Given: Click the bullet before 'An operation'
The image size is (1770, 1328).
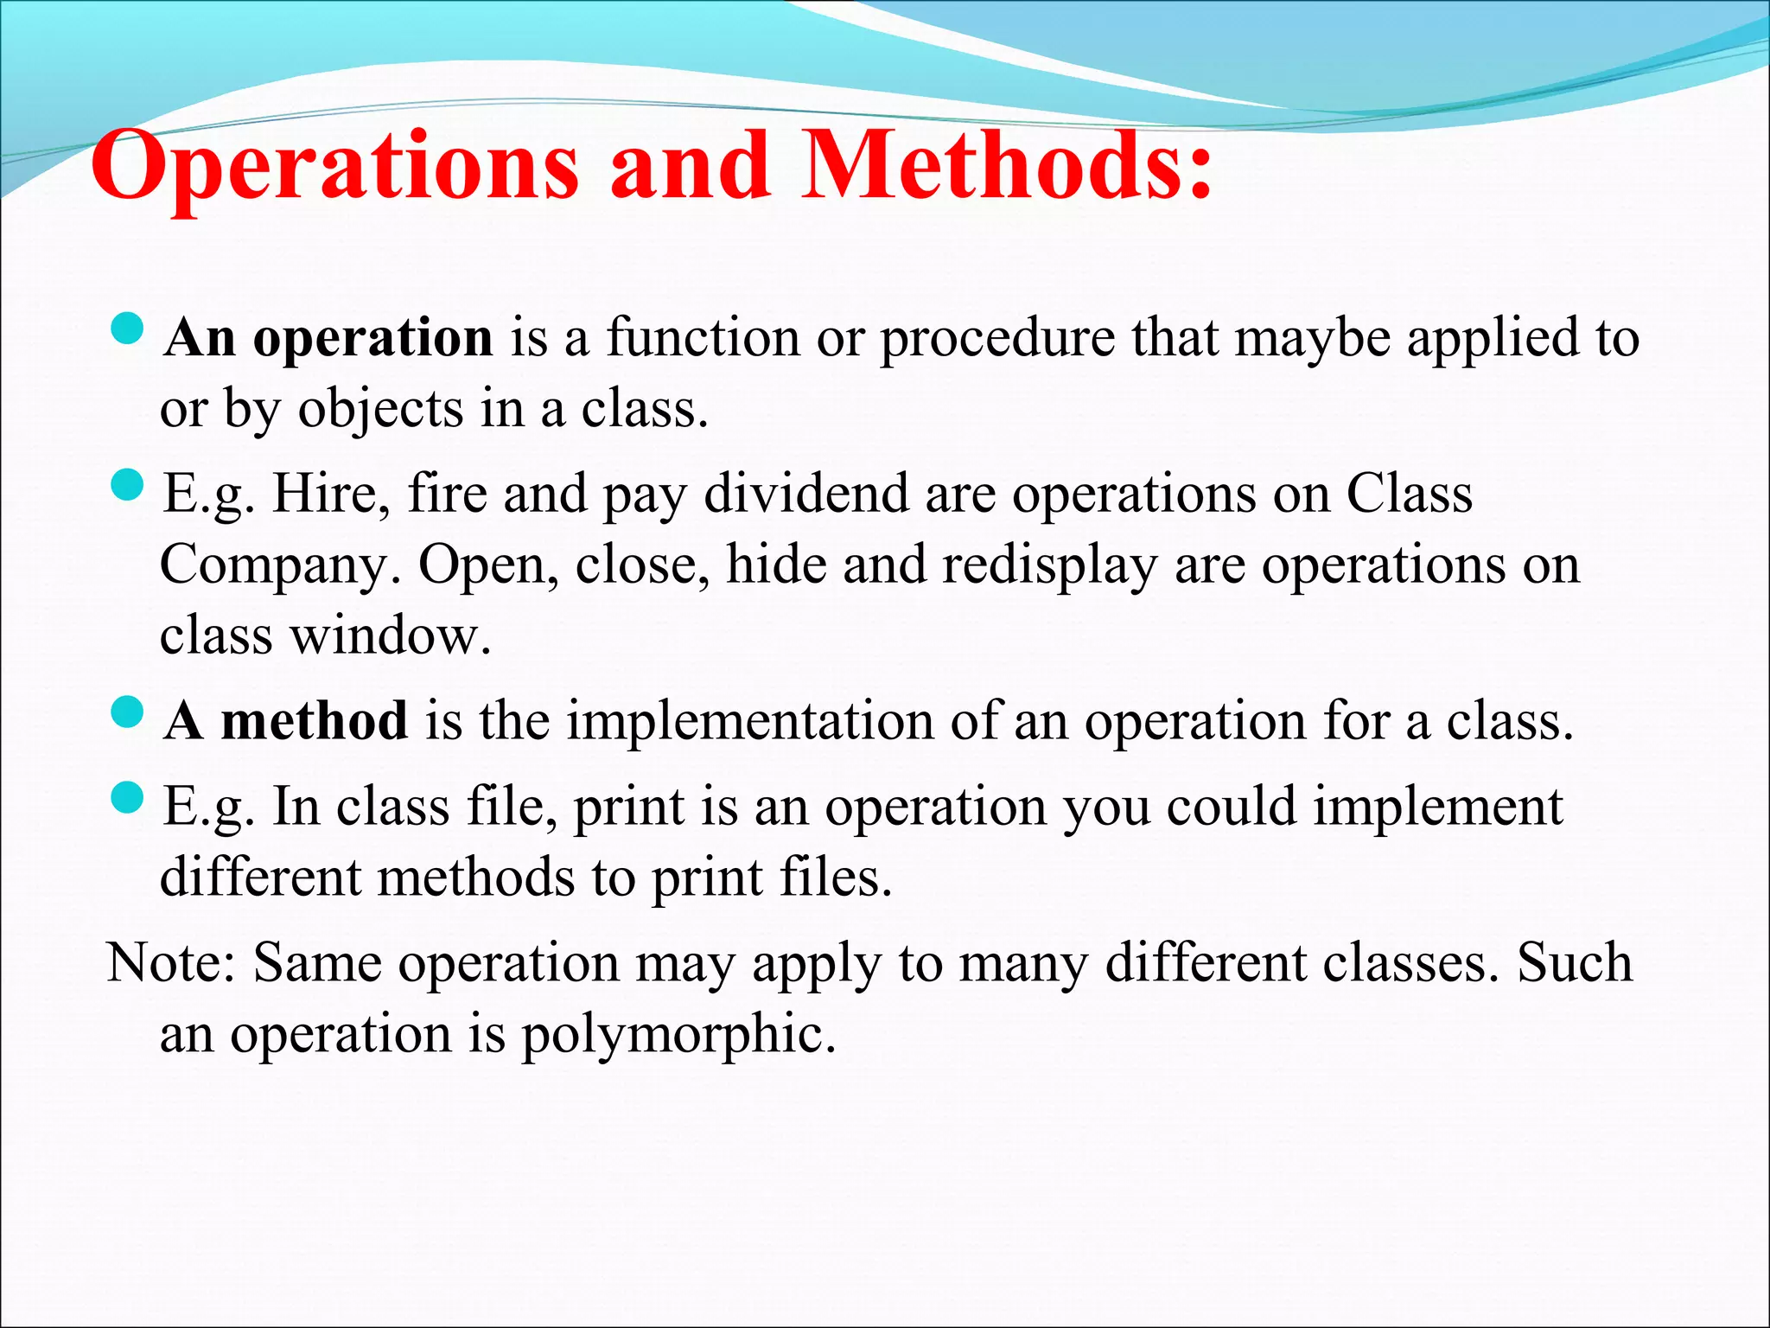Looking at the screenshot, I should point(128,329).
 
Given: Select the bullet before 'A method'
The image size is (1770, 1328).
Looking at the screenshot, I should point(128,713).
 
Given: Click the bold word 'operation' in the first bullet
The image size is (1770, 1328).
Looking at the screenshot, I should point(372,339).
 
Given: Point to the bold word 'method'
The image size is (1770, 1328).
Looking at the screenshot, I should point(314,721).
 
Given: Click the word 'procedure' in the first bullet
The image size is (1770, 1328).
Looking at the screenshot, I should point(997,339).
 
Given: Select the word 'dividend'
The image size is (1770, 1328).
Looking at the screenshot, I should point(805,495).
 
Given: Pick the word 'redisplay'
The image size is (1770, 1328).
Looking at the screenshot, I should point(1048,565).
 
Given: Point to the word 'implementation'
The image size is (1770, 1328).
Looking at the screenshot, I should point(749,721).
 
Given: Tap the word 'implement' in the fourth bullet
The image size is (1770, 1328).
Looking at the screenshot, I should point(1438,808).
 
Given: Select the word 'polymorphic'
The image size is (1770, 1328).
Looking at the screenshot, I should point(678,1034).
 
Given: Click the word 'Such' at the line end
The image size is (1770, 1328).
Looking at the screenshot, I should point(1575,963).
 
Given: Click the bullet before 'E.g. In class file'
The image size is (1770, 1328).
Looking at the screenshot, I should point(128,798).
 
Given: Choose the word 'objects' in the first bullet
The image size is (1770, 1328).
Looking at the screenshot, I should point(380,410).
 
